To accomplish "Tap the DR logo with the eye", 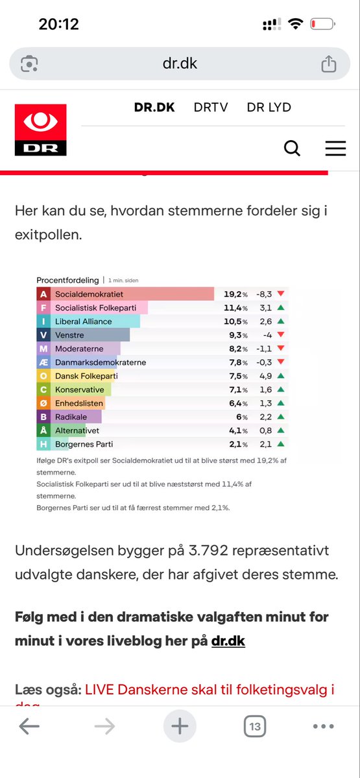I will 40,130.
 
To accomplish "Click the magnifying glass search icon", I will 293,148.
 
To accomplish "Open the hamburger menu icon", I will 335,148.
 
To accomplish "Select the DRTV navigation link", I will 211,108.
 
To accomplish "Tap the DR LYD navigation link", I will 269,108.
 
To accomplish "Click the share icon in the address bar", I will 329,64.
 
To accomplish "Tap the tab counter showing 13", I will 255,727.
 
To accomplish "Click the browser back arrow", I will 29,727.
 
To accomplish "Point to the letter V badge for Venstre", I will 43,335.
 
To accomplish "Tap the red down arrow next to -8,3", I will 281,294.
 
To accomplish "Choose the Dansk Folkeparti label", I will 86,376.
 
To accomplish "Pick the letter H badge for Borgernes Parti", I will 43,444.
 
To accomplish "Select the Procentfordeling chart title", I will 67,280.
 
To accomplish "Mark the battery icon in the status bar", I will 322,25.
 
